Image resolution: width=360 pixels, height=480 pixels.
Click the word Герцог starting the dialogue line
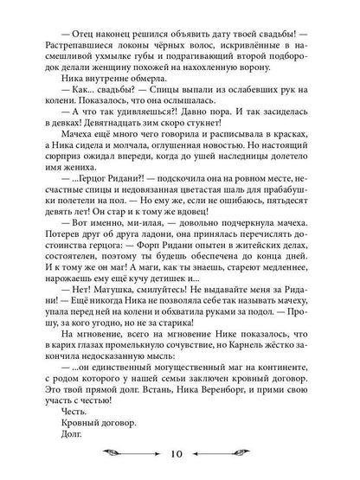[x=94, y=223]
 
